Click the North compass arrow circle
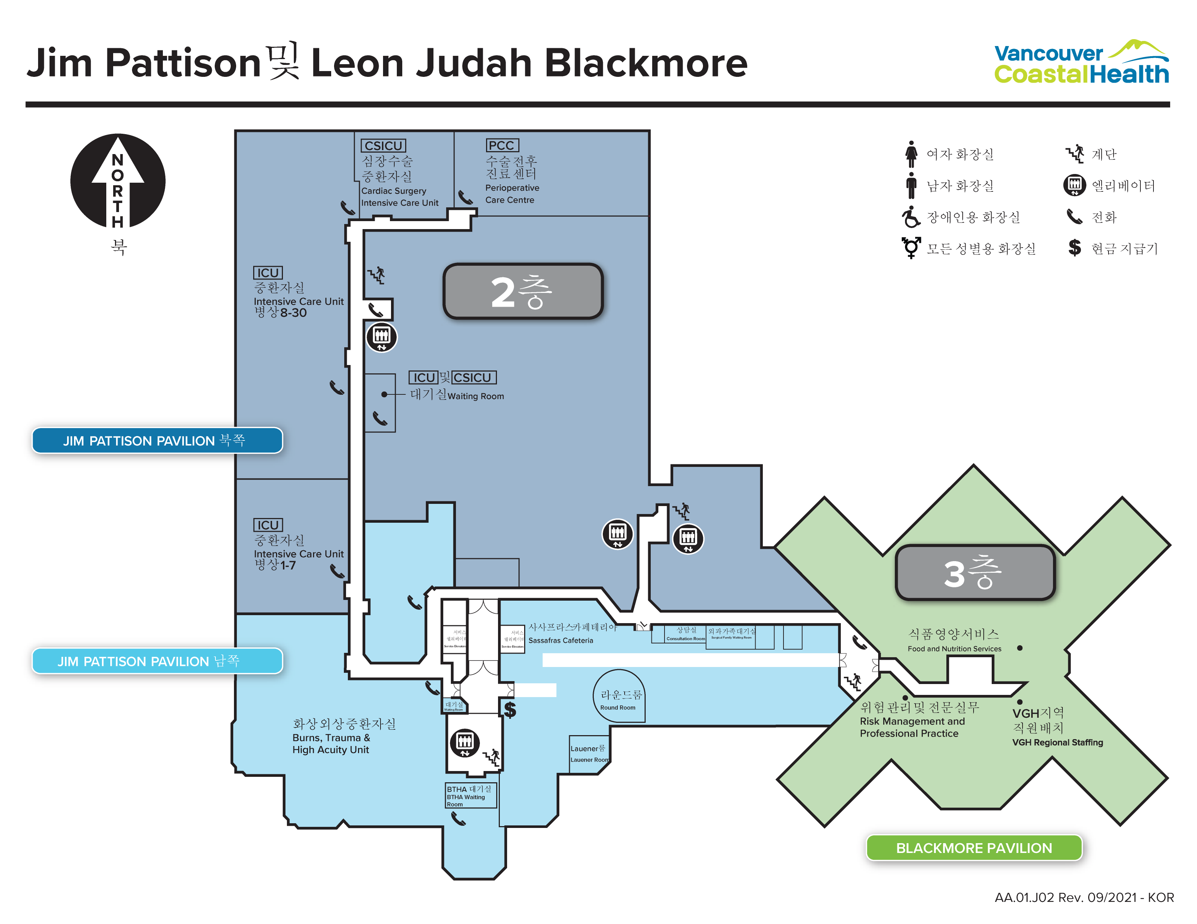(118, 181)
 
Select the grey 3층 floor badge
(975, 572)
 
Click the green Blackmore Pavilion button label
(974, 848)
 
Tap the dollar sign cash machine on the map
(510, 710)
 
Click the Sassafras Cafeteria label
(561, 640)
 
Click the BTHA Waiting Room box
(470, 795)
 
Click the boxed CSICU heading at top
(383, 146)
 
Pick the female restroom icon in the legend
(911, 154)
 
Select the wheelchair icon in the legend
(911, 217)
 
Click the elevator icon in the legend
(1074, 185)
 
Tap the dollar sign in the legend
(1074, 248)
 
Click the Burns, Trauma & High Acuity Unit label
(332, 743)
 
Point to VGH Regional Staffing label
(1057, 742)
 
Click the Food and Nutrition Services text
(954, 649)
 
